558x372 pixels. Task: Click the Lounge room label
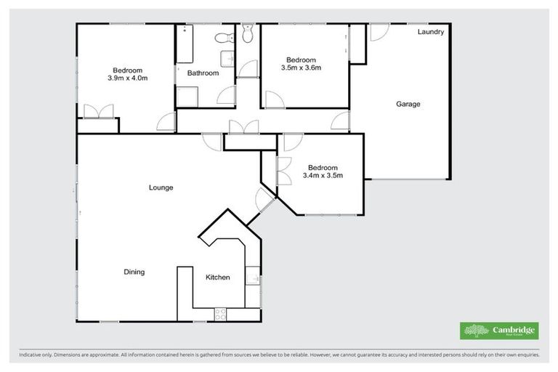(161, 187)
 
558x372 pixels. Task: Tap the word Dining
(134, 272)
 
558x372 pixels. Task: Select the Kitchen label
(217, 278)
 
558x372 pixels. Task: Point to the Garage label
(408, 104)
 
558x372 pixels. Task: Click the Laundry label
(430, 33)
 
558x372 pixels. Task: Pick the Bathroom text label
(203, 73)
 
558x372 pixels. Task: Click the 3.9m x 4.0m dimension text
(127, 78)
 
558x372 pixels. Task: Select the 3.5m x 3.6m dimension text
(301, 68)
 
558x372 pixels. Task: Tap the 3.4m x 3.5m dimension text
(322, 175)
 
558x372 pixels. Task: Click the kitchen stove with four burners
(220, 313)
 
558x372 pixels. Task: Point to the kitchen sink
(253, 277)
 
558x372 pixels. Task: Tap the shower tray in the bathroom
(187, 97)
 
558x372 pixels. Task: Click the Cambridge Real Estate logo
(499, 331)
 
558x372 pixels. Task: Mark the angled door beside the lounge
(265, 198)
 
